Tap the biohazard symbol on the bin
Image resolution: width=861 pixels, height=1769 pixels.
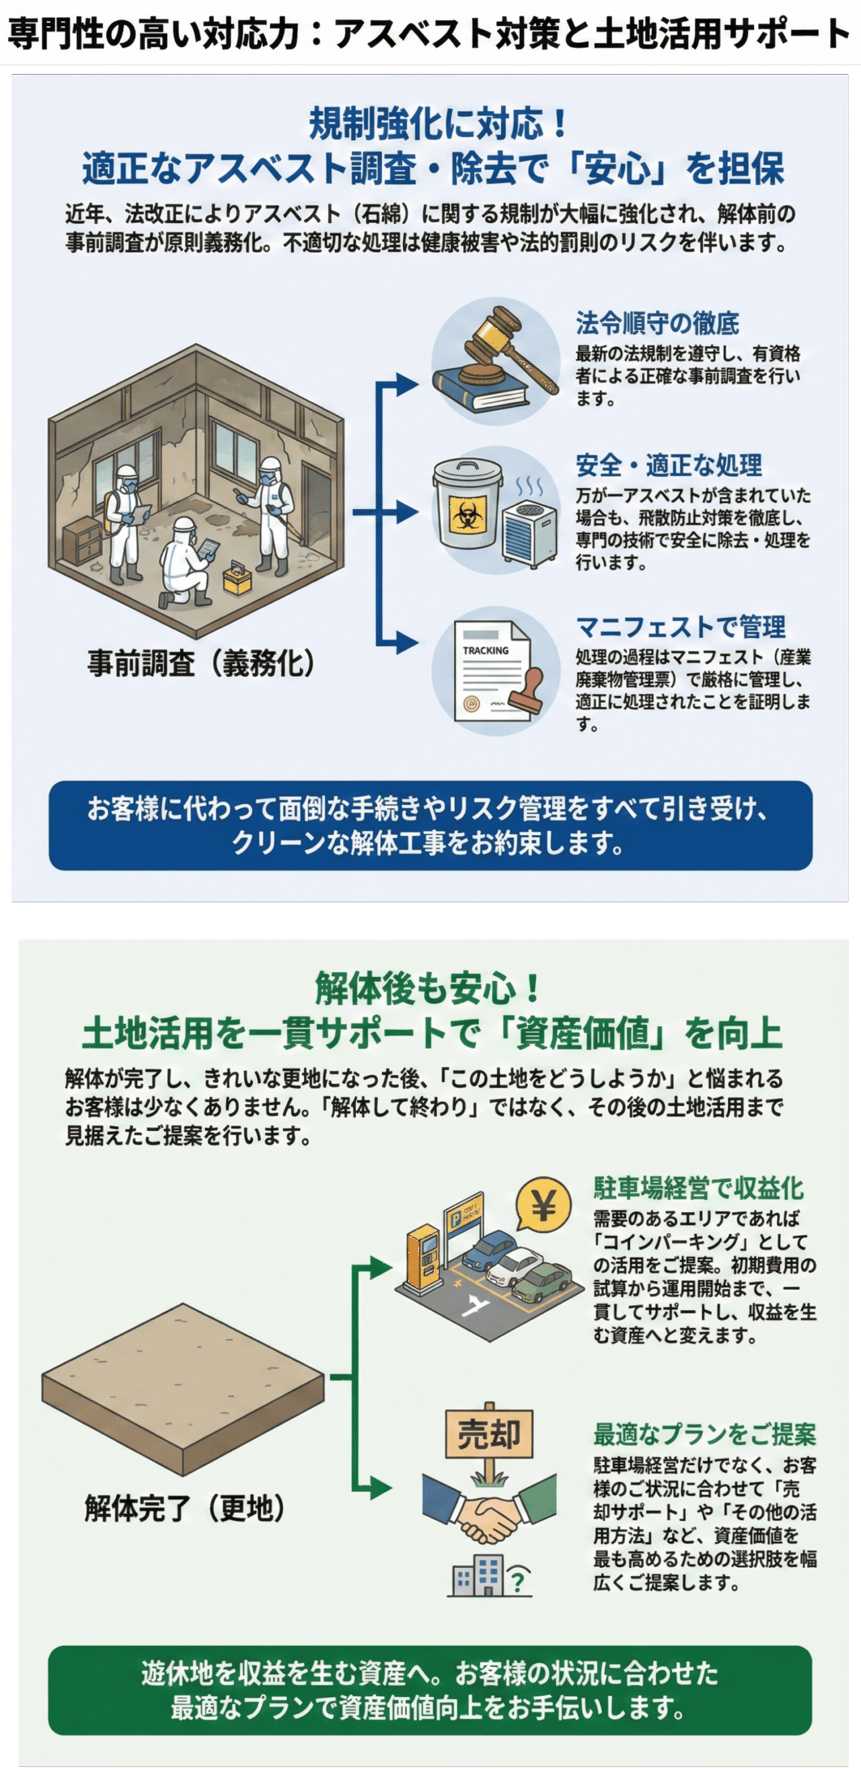pyautogui.click(x=468, y=514)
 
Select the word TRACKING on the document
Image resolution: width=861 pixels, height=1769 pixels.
pyautogui.click(x=486, y=650)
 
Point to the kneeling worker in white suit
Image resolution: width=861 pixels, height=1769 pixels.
pyautogui.click(x=184, y=563)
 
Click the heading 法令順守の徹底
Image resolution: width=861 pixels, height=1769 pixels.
pyautogui.click(x=657, y=323)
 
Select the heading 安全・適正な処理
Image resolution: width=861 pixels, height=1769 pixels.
pyautogui.click(x=668, y=465)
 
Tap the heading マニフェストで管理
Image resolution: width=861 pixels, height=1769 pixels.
pyautogui.click(x=680, y=626)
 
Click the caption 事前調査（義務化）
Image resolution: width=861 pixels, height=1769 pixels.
pyautogui.click(x=200, y=664)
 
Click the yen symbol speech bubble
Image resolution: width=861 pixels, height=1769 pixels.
pyautogui.click(x=543, y=1205)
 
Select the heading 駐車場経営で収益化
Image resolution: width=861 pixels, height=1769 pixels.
pyautogui.click(x=698, y=1188)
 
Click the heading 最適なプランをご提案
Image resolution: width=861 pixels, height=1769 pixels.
pyautogui.click(x=704, y=1435)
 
